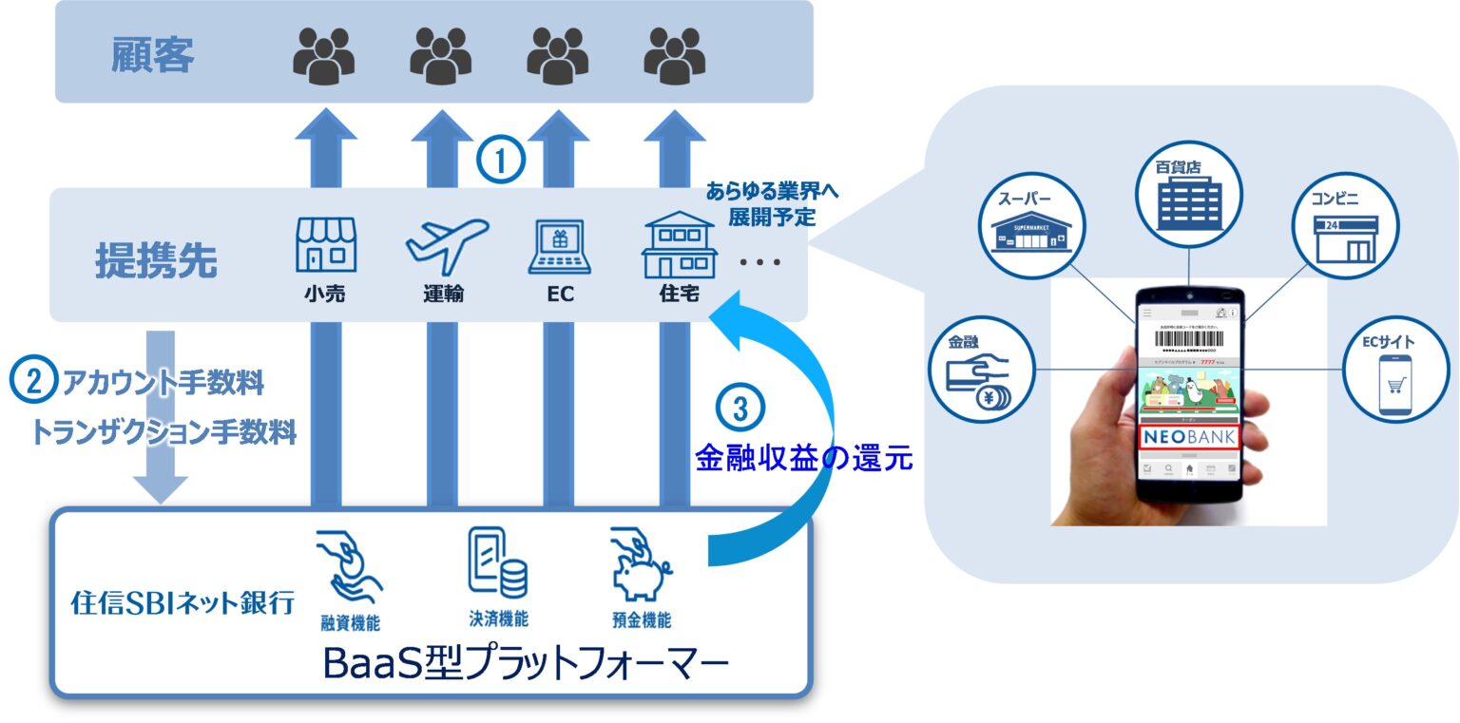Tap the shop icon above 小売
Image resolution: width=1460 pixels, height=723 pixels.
326,245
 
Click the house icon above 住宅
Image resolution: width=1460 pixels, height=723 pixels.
679,244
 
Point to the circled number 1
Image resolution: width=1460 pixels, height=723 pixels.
501,161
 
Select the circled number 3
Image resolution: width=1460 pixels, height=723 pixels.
740,407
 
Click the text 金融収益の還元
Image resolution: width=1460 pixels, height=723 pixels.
803,459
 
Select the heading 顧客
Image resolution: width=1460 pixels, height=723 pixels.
152,54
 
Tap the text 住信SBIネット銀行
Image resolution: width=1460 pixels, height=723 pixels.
183,602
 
